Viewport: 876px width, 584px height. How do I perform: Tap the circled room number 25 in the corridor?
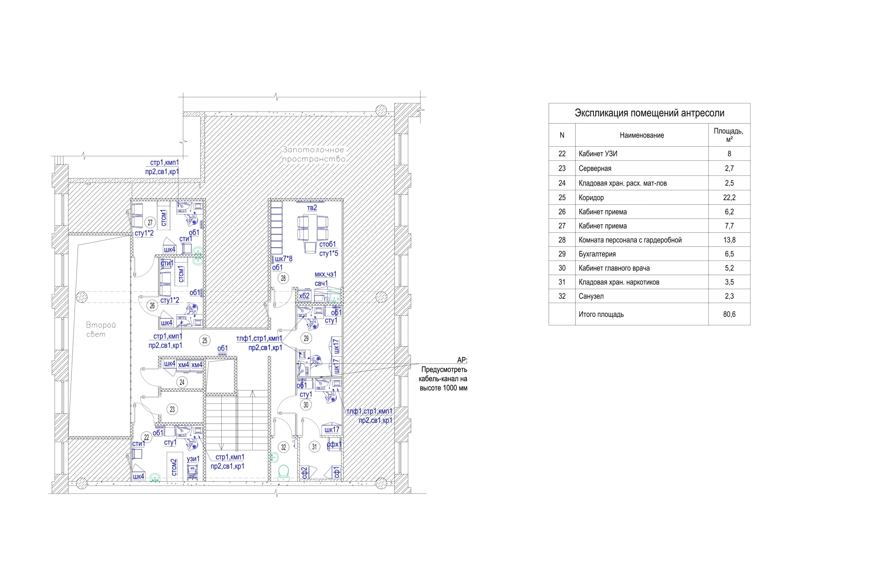(x=204, y=340)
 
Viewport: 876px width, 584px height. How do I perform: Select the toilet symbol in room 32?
(x=284, y=472)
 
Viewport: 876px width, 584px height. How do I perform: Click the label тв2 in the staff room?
(x=312, y=207)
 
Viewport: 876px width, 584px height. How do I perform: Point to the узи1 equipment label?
(x=193, y=459)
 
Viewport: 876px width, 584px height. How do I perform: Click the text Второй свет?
(x=100, y=330)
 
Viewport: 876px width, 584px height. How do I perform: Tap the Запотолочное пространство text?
(x=314, y=154)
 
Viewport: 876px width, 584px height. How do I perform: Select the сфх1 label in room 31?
(x=334, y=444)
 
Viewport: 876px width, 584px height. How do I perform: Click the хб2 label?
(x=304, y=296)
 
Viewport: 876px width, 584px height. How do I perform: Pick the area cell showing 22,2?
(x=729, y=197)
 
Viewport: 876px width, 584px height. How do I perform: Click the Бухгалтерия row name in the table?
(x=597, y=254)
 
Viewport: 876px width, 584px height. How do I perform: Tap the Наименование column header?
(x=642, y=135)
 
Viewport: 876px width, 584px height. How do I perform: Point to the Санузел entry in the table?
(x=591, y=296)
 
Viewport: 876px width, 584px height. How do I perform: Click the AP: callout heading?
(x=462, y=360)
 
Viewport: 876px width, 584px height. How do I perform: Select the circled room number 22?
(x=146, y=437)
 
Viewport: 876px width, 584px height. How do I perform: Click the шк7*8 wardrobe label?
(x=284, y=258)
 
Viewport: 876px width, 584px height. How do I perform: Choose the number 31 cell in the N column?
(x=562, y=282)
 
